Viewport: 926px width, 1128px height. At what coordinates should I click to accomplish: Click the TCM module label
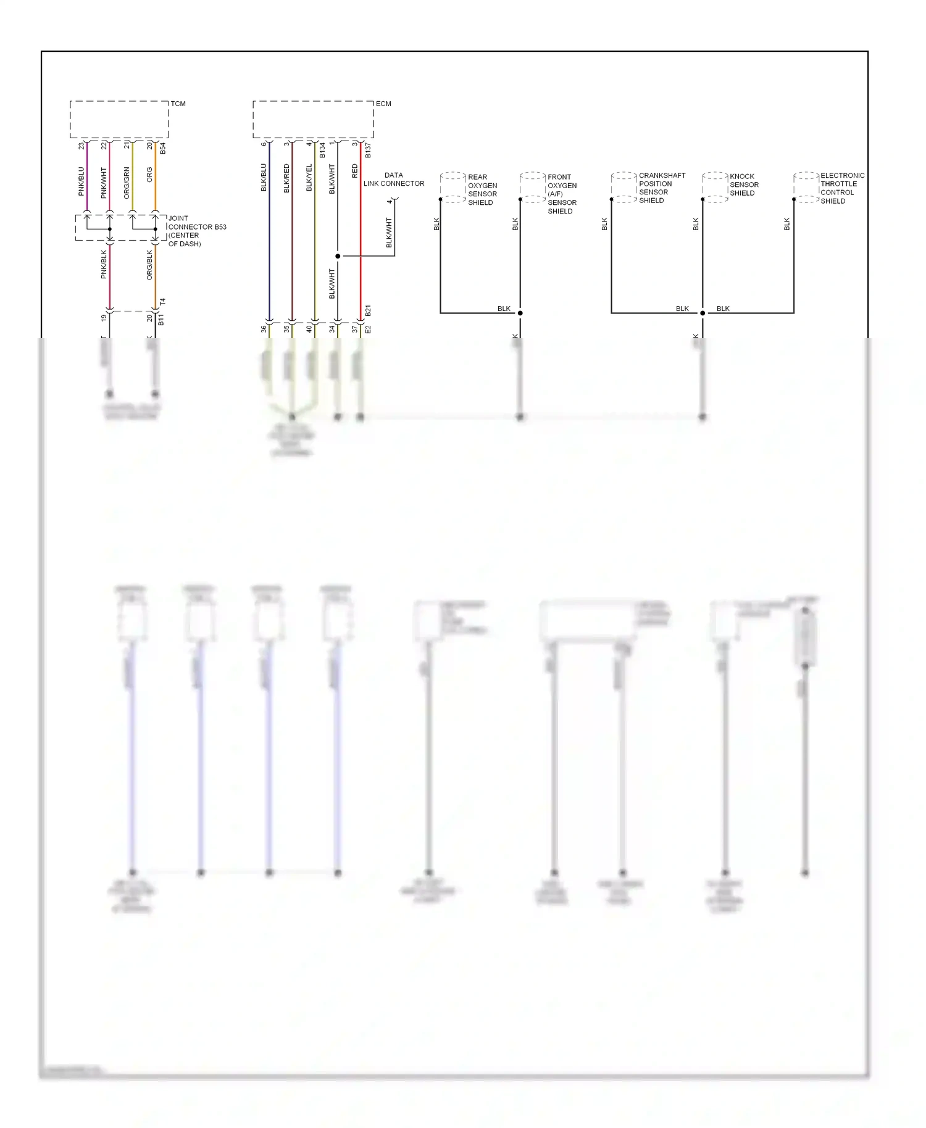[x=178, y=104]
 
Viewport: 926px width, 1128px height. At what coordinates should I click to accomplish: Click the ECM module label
[x=383, y=104]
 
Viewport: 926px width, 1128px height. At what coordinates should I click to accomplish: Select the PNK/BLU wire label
[x=81, y=181]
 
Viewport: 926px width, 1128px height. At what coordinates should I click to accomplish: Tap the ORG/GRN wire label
[x=127, y=183]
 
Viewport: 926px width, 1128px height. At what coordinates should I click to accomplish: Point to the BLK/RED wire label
[x=286, y=178]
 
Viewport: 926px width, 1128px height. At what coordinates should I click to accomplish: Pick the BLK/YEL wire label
[x=309, y=178]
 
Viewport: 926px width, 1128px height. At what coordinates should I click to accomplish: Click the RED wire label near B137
[x=355, y=171]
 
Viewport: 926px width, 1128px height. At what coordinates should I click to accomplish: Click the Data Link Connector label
[x=394, y=180]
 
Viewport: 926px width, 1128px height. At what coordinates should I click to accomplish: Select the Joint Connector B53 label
[x=197, y=231]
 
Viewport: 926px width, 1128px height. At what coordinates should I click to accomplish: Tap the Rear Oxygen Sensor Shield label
[x=482, y=189]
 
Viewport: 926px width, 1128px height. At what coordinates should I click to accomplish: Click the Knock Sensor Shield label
[x=744, y=185]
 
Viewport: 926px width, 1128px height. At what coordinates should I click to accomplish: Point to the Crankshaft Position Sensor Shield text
[x=661, y=188]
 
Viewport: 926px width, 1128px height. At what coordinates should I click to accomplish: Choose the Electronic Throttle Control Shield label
[x=841, y=188]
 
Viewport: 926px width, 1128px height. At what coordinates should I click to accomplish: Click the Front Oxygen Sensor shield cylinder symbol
[x=532, y=187]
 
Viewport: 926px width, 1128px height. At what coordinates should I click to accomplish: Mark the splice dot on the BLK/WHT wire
[x=338, y=256]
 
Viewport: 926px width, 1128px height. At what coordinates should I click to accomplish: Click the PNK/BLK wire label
[x=104, y=264]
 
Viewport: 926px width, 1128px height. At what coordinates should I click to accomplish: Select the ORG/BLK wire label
[x=149, y=265]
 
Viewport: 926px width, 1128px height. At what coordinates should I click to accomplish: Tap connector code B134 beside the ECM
[x=322, y=150]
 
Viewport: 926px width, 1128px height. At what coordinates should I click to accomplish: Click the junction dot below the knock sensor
[x=703, y=313]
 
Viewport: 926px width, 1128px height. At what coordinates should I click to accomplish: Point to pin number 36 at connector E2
[x=264, y=330]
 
